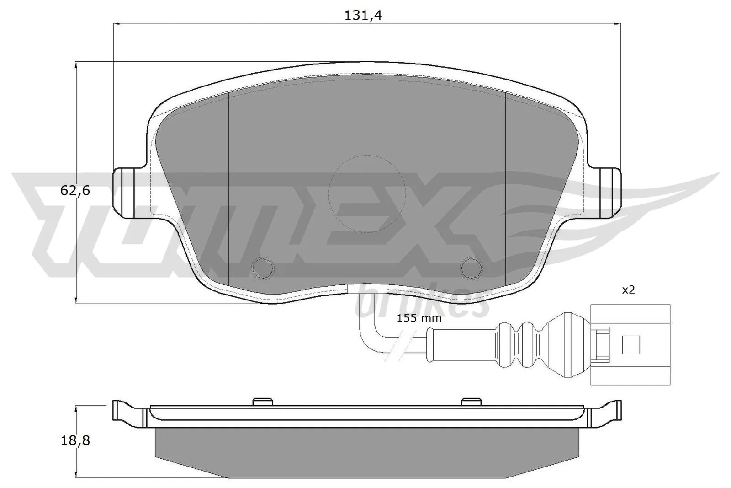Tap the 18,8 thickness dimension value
tap(75, 440)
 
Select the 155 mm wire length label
tap(419, 318)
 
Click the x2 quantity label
tap(629, 290)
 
